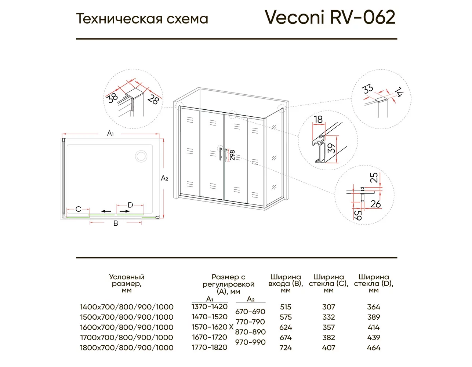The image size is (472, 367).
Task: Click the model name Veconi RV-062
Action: (x=330, y=17)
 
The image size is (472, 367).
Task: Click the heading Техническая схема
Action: (x=142, y=19)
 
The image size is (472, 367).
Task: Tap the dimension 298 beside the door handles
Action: (x=232, y=155)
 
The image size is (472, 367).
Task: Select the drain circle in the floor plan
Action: (x=141, y=156)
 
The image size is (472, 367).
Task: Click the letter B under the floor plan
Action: (x=116, y=223)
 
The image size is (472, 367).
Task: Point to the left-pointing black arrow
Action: (x=106, y=211)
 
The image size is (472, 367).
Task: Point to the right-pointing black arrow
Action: (x=125, y=211)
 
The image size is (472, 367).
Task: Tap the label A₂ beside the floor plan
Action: (x=164, y=178)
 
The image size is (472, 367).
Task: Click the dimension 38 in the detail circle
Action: (x=113, y=98)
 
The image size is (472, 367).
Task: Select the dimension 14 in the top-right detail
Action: (x=399, y=92)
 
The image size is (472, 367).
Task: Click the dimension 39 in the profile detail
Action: (x=331, y=149)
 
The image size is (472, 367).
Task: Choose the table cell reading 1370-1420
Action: (x=210, y=307)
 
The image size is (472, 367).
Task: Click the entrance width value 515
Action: (x=286, y=307)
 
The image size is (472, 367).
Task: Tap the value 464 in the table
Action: (x=374, y=348)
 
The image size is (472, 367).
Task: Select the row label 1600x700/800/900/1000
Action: (x=127, y=327)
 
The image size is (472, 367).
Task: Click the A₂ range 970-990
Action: (x=250, y=342)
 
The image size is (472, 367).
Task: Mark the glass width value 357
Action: (x=328, y=327)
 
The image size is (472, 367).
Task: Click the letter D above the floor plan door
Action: (x=130, y=205)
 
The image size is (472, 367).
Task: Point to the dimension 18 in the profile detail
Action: (x=319, y=119)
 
